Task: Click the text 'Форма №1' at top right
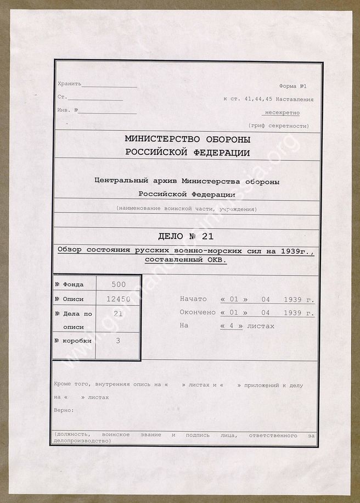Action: [295, 86]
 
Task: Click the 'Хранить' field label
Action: [69, 83]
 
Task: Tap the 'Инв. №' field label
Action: [68, 110]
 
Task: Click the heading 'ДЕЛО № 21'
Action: [186, 237]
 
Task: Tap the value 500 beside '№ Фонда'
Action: [118, 284]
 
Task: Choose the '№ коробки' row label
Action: [73, 341]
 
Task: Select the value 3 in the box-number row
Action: [118, 341]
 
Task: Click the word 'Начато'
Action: [193, 299]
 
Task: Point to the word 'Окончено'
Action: [198, 312]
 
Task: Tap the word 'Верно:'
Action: [64, 410]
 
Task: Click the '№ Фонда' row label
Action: [70, 284]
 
